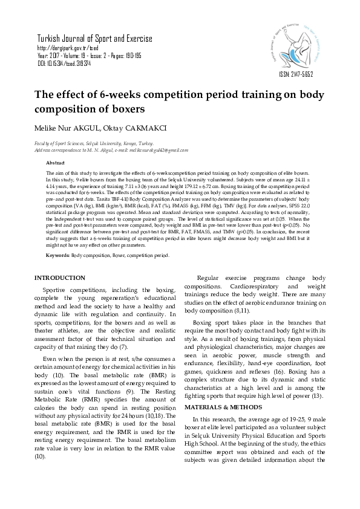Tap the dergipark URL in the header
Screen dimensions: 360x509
tap(68, 47)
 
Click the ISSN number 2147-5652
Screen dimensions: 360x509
tap(296, 74)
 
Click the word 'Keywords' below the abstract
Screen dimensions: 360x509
tap(57, 256)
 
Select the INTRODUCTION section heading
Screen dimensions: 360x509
tap(60, 278)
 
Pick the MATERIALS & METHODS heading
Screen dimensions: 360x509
tap(217, 406)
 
